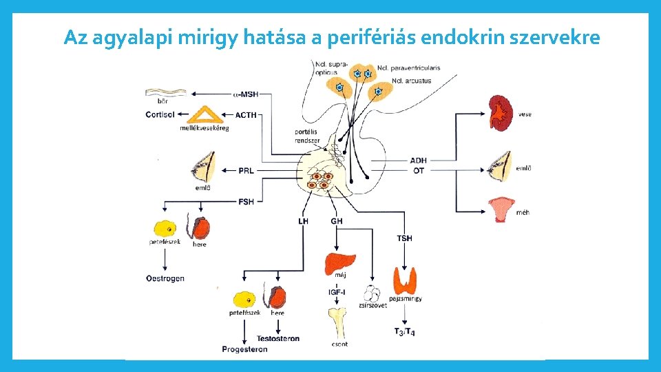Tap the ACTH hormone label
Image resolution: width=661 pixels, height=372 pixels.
[x=246, y=116]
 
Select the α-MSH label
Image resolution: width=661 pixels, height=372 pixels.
[x=245, y=94]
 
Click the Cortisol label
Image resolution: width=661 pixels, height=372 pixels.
[x=160, y=114]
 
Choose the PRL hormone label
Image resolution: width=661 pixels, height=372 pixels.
[x=246, y=170]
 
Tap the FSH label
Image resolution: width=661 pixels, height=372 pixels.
[x=246, y=201]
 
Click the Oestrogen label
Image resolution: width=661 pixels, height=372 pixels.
[x=165, y=278]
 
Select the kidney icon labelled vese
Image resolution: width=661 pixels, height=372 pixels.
[x=501, y=113]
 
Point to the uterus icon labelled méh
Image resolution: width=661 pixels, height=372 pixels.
[x=501, y=208]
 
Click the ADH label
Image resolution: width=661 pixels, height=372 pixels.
[x=418, y=161]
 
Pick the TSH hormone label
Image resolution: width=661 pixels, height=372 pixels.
[x=404, y=238]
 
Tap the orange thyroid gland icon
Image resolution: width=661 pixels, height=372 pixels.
[x=405, y=280]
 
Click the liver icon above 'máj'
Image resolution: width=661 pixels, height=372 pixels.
[x=339, y=262]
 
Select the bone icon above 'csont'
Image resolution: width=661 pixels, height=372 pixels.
[x=338, y=323]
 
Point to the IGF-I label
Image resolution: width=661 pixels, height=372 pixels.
[x=337, y=292]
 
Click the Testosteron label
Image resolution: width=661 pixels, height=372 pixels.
[x=277, y=339]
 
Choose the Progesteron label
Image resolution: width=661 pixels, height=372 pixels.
[x=244, y=349]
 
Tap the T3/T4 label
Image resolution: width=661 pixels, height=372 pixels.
[x=404, y=332]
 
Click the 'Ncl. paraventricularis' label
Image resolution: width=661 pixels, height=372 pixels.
[x=408, y=68]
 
